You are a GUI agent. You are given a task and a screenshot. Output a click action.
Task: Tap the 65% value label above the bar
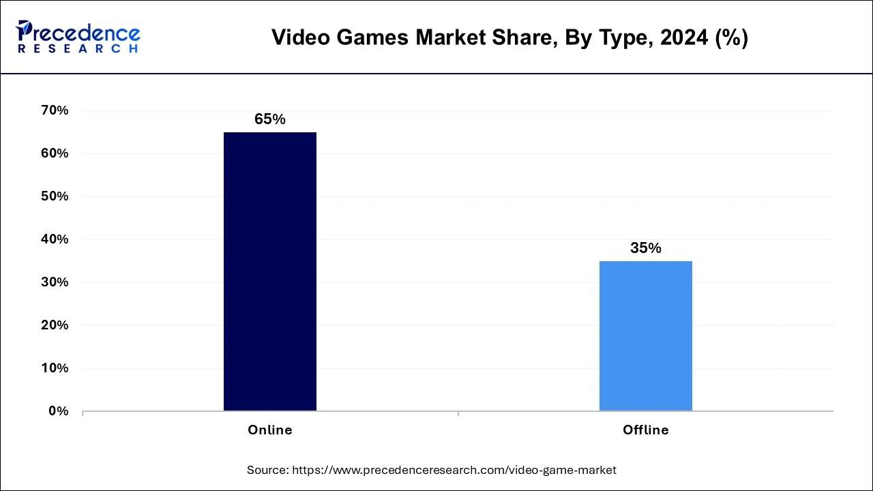(x=269, y=119)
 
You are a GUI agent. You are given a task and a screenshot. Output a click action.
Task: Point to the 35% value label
(x=645, y=248)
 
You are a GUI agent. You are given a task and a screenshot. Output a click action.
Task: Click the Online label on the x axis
(x=269, y=430)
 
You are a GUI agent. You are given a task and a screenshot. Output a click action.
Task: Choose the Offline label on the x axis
(x=645, y=430)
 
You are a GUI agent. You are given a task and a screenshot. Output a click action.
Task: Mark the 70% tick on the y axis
(x=55, y=110)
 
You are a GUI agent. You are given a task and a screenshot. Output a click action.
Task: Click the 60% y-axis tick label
(x=55, y=153)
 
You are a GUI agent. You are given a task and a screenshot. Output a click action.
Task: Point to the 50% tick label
(x=55, y=196)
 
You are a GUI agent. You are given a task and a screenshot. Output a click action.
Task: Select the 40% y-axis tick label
(x=55, y=239)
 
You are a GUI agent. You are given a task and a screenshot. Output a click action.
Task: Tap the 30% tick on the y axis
(x=55, y=282)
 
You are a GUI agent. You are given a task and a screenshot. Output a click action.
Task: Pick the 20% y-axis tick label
(x=55, y=325)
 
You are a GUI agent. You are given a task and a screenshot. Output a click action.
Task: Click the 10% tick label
(x=55, y=368)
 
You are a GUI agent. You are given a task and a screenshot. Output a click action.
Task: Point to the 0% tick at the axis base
(x=59, y=411)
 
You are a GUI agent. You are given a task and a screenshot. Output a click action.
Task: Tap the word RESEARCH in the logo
(x=78, y=49)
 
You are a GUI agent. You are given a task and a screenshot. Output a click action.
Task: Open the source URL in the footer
(x=454, y=470)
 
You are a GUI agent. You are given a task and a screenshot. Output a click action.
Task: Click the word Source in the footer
(x=267, y=470)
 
